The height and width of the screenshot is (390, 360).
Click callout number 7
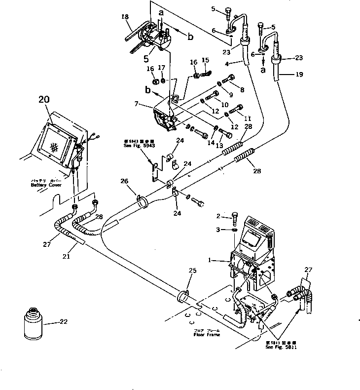tap(137, 105)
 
